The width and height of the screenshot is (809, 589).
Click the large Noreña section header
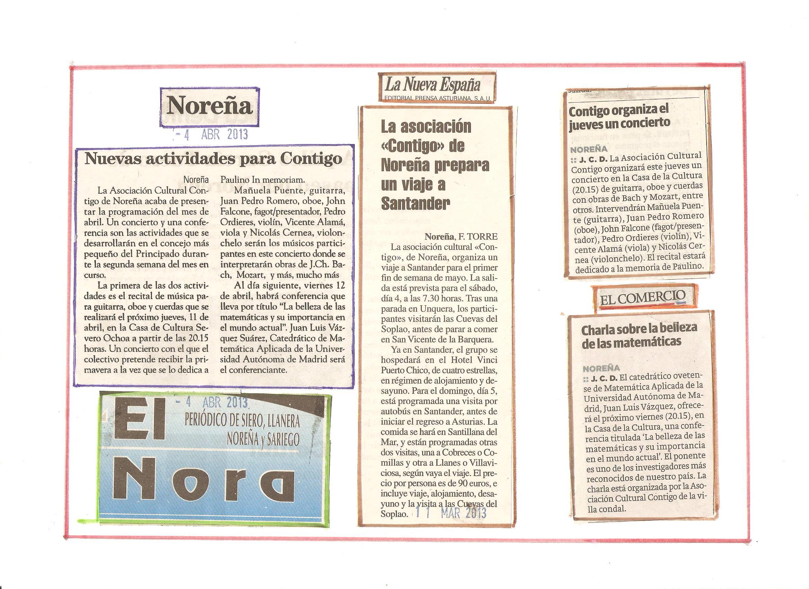[x=210, y=106]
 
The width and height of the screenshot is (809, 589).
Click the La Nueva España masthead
[x=432, y=86]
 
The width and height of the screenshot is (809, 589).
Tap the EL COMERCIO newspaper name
[x=642, y=297]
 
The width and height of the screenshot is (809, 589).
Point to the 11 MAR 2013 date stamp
[x=451, y=513]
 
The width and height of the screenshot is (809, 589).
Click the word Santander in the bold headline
[x=416, y=204]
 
